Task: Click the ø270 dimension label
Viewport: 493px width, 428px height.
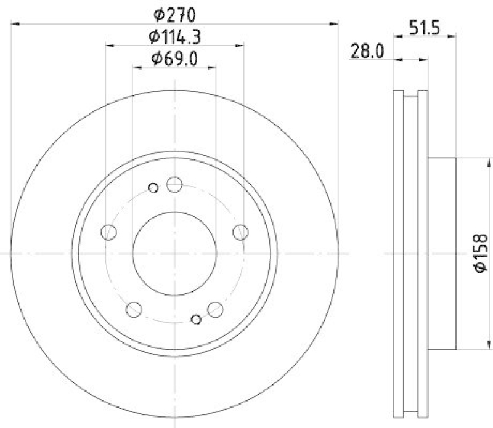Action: [x=174, y=13]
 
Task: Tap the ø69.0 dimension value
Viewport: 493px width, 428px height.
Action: [x=174, y=59]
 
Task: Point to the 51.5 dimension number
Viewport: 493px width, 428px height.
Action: [x=425, y=28]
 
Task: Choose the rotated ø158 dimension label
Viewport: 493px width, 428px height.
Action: [x=480, y=253]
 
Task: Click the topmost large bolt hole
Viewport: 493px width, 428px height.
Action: [x=174, y=184]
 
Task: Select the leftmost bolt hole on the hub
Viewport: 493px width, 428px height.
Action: [x=108, y=232]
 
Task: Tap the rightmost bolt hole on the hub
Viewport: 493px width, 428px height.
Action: [x=240, y=232]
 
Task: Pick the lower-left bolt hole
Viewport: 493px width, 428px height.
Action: [x=134, y=309]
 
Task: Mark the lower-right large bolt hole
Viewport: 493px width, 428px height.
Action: [x=215, y=309]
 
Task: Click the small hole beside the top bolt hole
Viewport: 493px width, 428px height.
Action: [x=153, y=187]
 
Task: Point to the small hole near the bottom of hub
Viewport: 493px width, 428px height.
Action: [x=196, y=318]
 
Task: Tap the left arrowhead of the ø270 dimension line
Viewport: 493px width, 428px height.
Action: [x=16, y=24]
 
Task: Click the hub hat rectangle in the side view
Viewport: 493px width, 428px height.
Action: [x=442, y=253]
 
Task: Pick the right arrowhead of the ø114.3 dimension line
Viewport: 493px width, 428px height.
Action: [x=241, y=46]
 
